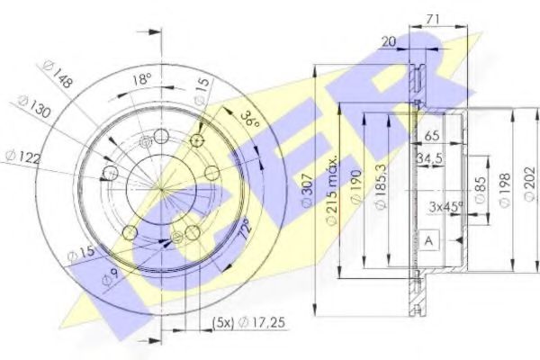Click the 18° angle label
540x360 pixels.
coord(141,79)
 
